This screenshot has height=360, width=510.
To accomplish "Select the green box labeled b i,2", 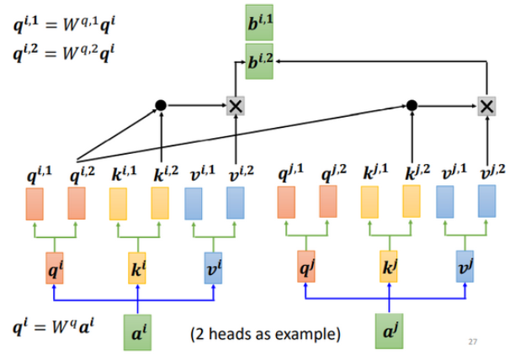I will (x=260, y=61).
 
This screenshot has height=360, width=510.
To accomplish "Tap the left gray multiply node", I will (x=236, y=105).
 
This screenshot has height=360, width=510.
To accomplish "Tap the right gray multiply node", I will (x=486, y=105).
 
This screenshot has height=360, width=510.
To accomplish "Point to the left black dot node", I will (x=161, y=105).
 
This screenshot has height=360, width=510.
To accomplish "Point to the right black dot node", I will (x=412, y=105).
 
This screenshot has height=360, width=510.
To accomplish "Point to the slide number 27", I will (x=473, y=342).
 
